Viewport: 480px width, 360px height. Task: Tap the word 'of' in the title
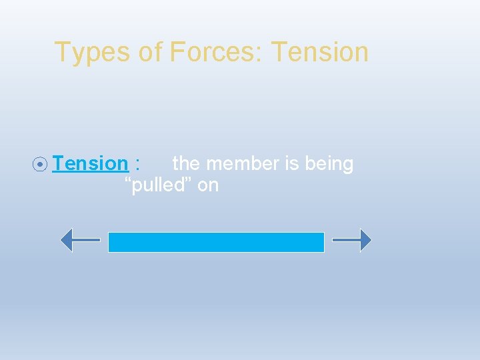click(x=151, y=53)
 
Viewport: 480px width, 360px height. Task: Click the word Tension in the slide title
click(x=320, y=52)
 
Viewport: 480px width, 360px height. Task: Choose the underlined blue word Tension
click(x=90, y=163)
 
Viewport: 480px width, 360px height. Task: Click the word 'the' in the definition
click(x=187, y=163)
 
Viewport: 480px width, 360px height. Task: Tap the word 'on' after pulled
click(x=208, y=186)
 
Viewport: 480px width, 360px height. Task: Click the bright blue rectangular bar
click(x=216, y=242)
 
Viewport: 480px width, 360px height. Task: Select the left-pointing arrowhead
click(x=66, y=240)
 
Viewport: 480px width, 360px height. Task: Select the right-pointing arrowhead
click(x=365, y=240)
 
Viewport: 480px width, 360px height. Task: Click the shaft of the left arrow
click(x=86, y=240)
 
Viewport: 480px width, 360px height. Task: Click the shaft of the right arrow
click(x=345, y=240)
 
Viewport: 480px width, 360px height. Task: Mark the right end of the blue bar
click(x=323, y=242)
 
